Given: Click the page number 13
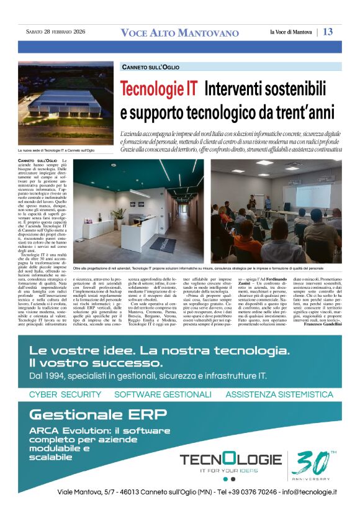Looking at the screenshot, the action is [x=328, y=32].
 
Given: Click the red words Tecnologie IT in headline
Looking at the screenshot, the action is [x=159, y=89].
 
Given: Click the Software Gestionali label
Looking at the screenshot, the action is [x=163, y=394].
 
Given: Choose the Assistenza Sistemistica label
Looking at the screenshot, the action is [x=279, y=394].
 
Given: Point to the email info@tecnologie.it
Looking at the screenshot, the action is [x=300, y=491].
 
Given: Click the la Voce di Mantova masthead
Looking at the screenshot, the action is [x=292, y=32].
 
